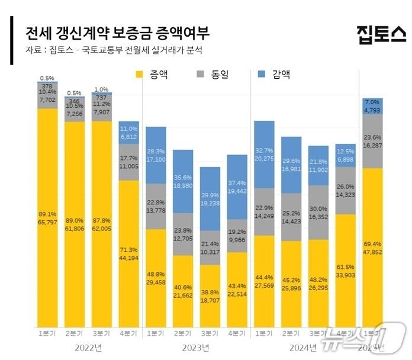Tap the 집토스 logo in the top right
tap(381, 34)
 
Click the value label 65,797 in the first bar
tap(48, 222)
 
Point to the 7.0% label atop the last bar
tap(372, 102)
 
